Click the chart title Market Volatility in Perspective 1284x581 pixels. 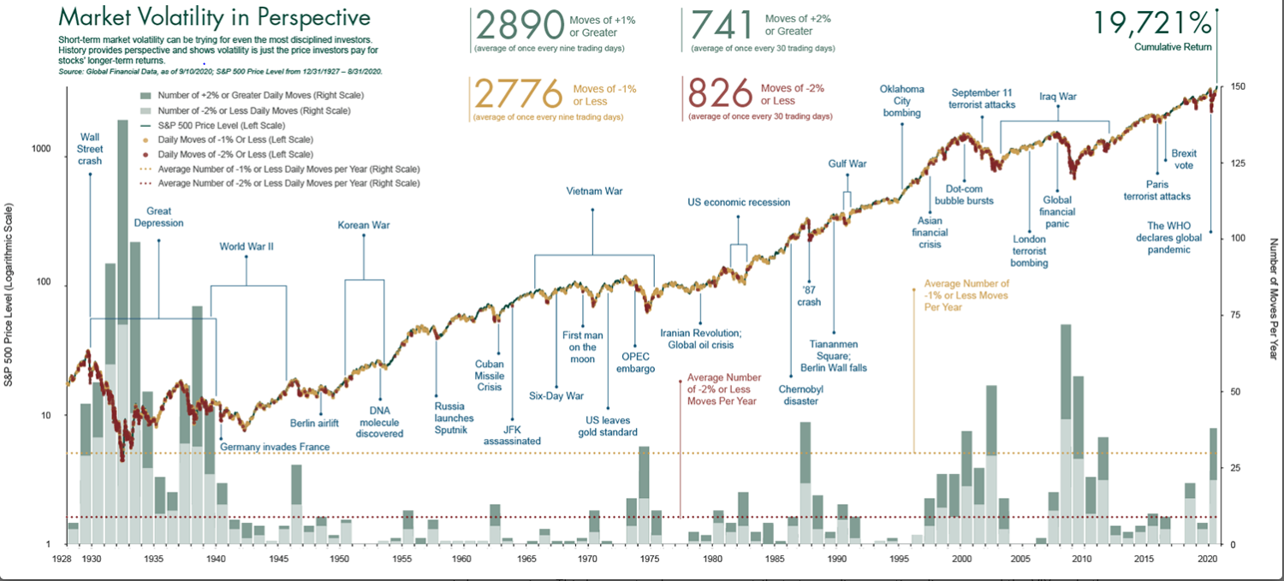(x=214, y=18)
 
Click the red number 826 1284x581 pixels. (x=721, y=94)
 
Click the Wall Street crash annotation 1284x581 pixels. (x=90, y=148)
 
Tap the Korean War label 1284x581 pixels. (x=363, y=226)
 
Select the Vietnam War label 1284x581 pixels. (x=594, y=191)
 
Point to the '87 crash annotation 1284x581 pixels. (x=808, y=295)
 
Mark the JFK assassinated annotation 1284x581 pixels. (x=512, y=435)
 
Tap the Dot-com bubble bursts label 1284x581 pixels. (x=970, y=194)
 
